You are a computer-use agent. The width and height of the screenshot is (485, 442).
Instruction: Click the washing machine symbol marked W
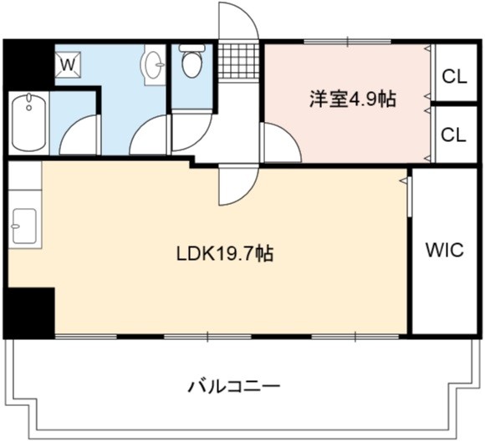[x=68, y=64]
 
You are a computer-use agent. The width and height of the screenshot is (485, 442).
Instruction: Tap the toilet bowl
[x=192, y=61]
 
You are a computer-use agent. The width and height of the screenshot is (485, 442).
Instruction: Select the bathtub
[x=28, y=122]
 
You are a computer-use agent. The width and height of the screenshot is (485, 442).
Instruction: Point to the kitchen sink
[x=24, y=226]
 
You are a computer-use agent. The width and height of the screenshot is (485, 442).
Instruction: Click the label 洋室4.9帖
[x=353, y=99]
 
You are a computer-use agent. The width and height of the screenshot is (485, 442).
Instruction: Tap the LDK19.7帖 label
[x=225, y=253]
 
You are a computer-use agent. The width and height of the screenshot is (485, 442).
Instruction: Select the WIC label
[x=445, y=250]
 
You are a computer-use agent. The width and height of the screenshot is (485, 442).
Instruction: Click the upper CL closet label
[x=454, y=76]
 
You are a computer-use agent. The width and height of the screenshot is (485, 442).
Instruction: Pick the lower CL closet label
[x=453, y=135]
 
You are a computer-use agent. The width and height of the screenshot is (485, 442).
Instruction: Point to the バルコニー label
[x=234, y=386]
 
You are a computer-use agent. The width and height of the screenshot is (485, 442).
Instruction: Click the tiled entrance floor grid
[x=238, y=62]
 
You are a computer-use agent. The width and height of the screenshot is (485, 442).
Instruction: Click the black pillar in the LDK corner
[x=30, y=312]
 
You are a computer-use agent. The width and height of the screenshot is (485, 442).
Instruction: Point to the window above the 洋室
[x=348, y=42]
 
